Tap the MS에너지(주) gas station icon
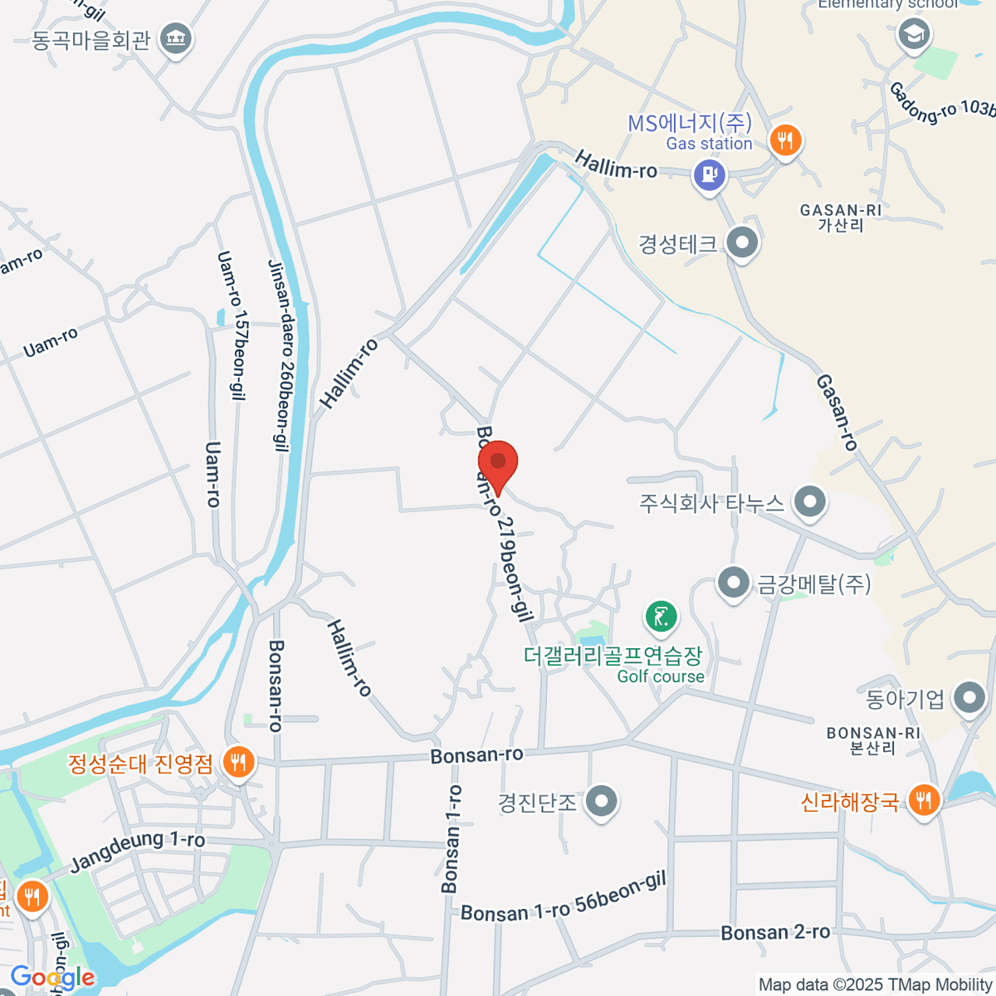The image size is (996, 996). tap(709, 175)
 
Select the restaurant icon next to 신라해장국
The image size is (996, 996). tap(923, 801)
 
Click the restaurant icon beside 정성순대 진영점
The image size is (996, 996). tap(238, 762)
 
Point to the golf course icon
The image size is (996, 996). tap(661, 617)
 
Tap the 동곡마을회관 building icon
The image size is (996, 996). tap(175, 38)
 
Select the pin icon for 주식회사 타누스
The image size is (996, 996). tap(808, 501)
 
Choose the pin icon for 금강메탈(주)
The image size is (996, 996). tap(733, 583)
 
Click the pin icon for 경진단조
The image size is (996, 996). tap(601, 802)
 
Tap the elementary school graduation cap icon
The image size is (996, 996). tap(914, 35)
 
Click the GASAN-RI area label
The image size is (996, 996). tap(840, 217)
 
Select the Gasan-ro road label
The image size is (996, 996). tap(836, 412)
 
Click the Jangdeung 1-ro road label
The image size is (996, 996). tap(137, 851)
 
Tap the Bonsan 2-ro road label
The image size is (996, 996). tap(775, 933)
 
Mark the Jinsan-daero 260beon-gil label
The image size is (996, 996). tap(281, 355)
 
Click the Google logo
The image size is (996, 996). tap(51, 978)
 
